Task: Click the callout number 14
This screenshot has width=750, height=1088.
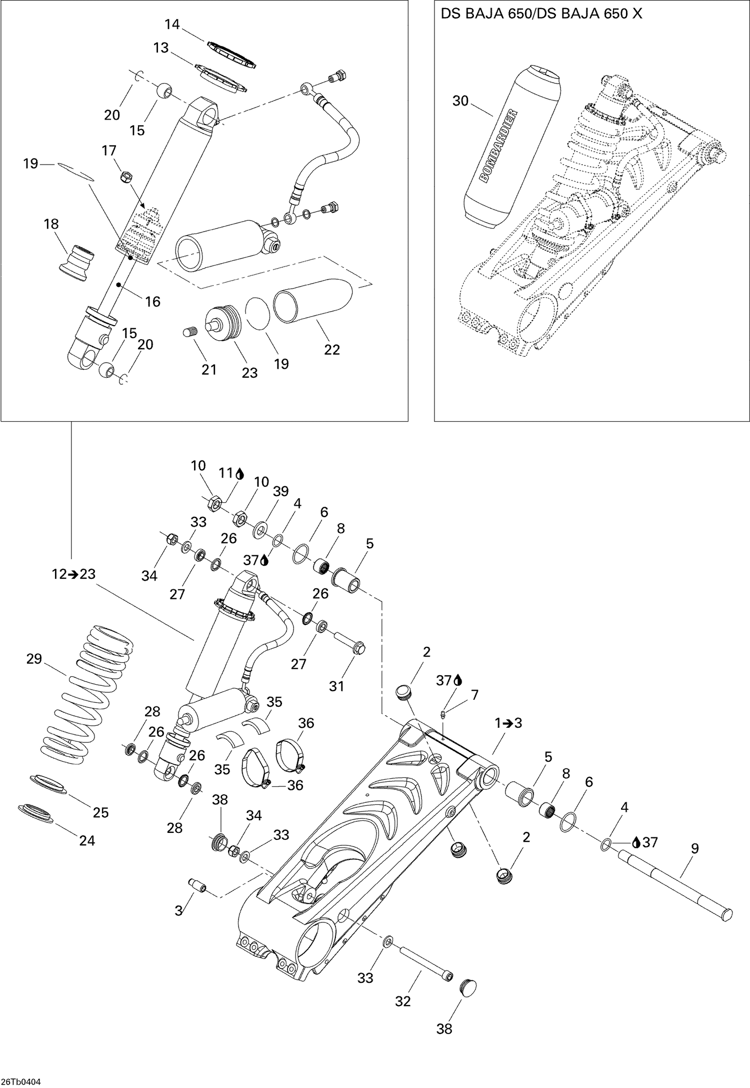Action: coord(172,24)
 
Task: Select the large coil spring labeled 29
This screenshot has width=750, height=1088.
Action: coord(85,700)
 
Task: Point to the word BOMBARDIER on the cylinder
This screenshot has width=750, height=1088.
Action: coord(498,145)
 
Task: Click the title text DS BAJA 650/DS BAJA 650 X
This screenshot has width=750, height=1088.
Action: coord(541,14)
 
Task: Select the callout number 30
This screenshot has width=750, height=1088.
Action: coord(460,101)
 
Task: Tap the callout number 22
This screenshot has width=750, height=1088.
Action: coord(331,350)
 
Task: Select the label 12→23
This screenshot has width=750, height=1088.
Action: coord(73,574)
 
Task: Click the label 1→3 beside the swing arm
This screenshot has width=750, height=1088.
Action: coord(508,723)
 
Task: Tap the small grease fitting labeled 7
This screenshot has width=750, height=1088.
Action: coord(442,716)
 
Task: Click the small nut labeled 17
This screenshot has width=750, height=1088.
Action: coord(126,176)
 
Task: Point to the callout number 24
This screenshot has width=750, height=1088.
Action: coord(87,840)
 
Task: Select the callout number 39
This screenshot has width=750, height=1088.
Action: coord(280,491)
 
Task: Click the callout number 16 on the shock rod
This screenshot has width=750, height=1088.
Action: coord(152,302)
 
